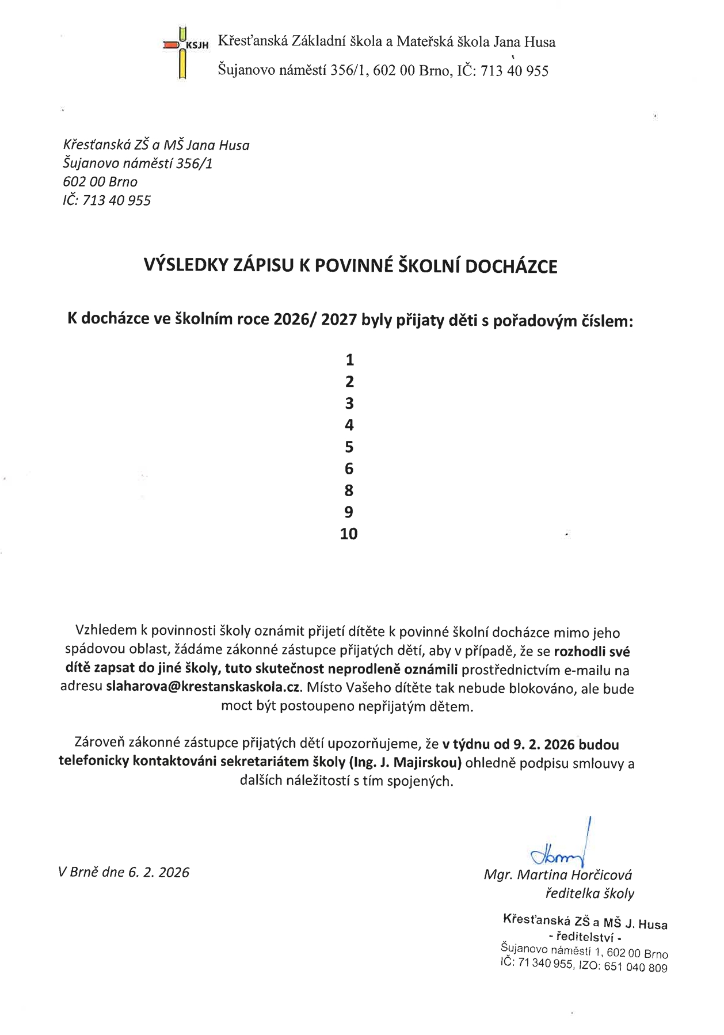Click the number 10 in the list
349,534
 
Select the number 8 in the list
349,490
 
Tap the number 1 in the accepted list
349,360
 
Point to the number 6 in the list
349,469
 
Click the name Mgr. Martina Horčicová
558,876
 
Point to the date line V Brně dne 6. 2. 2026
124,873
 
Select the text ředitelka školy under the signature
589,894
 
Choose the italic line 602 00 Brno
100,182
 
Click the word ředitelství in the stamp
584,937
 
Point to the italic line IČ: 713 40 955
107,200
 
